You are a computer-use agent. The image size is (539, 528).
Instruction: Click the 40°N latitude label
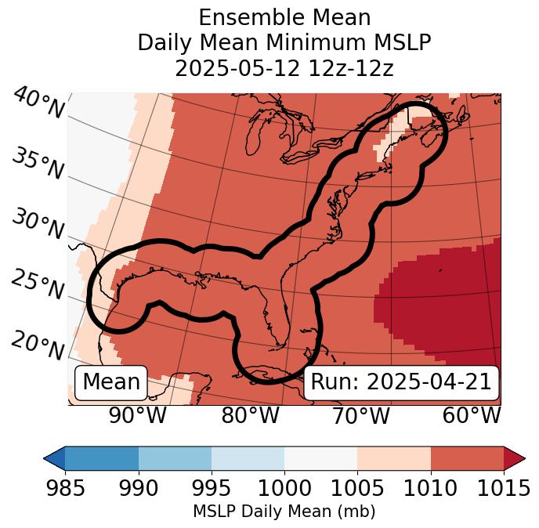pos(38,103)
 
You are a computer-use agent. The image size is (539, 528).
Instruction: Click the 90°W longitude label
pos(138,415)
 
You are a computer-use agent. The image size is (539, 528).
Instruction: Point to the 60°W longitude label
pos(472,415)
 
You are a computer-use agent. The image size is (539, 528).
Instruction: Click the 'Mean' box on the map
pos(111,382)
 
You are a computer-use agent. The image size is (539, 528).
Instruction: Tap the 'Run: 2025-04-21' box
pos(401,382)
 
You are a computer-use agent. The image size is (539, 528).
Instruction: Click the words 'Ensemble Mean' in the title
pos(284,17)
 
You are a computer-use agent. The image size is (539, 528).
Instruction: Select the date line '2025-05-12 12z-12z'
pos(284,68)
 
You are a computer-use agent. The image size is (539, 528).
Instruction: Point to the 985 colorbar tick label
pos(65,489)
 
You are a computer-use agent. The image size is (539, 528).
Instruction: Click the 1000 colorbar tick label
pos(284,489)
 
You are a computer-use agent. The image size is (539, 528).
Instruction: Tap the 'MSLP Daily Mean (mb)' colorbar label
pos(284,512)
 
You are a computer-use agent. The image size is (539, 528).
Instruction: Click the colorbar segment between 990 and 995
pos(175,458)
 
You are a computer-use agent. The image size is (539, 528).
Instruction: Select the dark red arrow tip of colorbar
pos(515,458)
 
